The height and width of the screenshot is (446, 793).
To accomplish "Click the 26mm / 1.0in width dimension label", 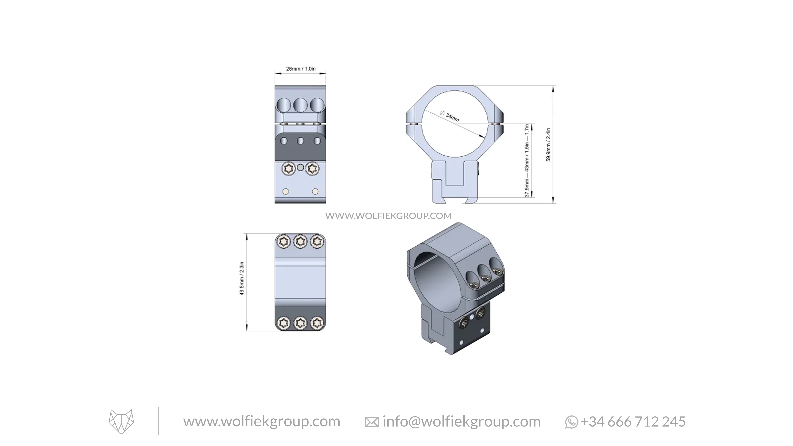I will [x=301, y=69].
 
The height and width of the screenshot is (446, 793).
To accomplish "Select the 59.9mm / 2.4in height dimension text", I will [x=548, y=145].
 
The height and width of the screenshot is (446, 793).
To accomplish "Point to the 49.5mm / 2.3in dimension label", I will [x=242, y=279].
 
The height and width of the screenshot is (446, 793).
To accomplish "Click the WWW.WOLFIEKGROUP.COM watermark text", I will [x=388, y=216].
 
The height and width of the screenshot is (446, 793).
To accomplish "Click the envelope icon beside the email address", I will [x=372, y=422].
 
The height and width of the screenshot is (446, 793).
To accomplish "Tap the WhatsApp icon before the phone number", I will [x=571, y=422].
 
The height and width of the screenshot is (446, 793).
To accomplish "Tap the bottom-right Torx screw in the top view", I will [x=317, y=323].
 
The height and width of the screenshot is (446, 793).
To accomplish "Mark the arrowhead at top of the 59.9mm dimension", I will [x=554, y=89].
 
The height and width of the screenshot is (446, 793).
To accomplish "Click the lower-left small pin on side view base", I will [x=286, y=191].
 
